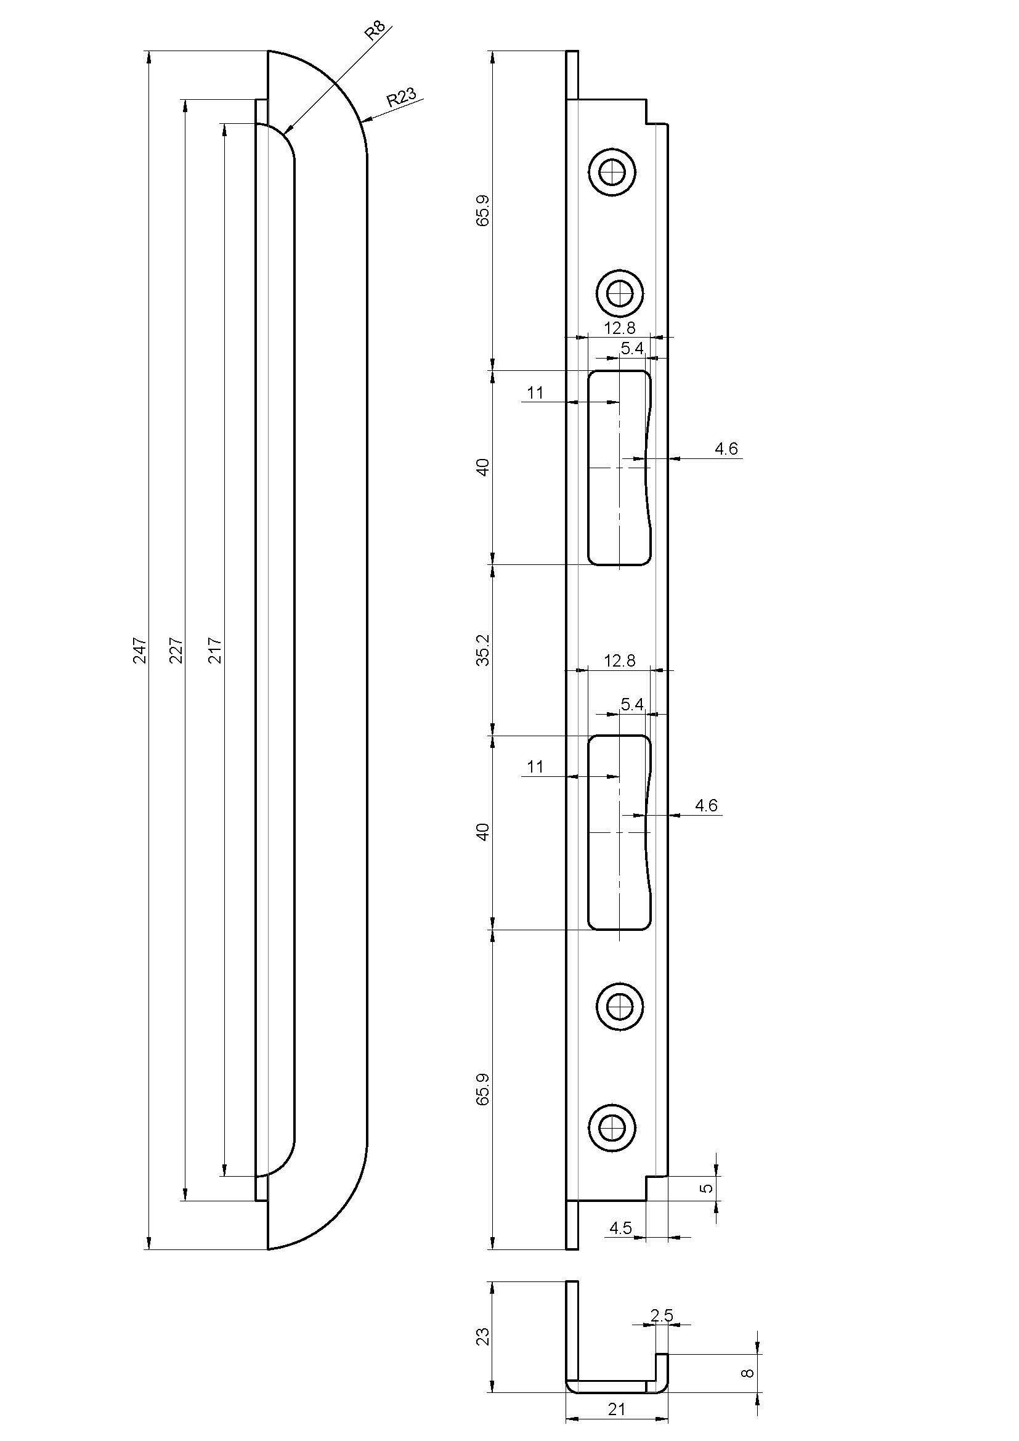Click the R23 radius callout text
pos(401,97)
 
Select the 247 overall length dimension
pos(140,651)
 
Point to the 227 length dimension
pos(177,651)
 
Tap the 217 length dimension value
pos(214,651)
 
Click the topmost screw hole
pos(612,171)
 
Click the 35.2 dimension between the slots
pos(483,649)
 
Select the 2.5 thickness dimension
pos(661,1331)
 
